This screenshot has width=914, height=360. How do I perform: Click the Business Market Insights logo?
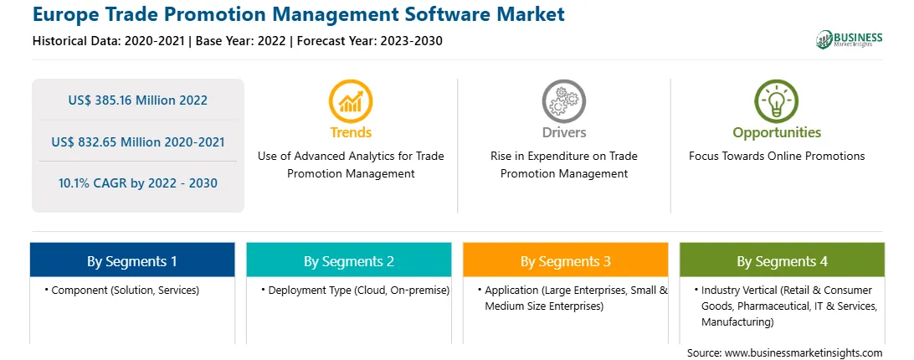click(850, 39)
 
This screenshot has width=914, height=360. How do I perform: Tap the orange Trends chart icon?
click(351, 101)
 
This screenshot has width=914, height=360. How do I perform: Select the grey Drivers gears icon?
click(563, 101)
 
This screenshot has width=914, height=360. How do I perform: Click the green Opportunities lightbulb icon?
click(777, 101)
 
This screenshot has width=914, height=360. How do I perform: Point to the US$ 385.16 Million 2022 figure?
click(137, 100)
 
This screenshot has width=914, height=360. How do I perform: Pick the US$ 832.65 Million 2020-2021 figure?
click(137, 141)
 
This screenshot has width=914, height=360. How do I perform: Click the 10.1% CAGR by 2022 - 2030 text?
click(137, 183)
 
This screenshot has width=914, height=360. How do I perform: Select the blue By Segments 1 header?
click(132, 260)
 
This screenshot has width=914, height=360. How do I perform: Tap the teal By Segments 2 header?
click(348, 260)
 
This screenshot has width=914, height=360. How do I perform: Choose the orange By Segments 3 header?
click(566, 260)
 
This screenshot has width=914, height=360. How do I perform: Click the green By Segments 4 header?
click(783, 260)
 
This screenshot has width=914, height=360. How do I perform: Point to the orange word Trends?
click(351, 132)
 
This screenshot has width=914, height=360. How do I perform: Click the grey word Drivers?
click(563, 132)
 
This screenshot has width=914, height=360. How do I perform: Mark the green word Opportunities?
click(777, 133)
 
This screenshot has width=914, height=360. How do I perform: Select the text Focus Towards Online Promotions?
click(777, 156)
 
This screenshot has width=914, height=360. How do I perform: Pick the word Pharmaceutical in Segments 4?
click(778, 306)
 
